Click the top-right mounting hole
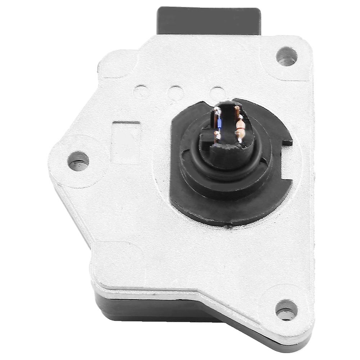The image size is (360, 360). [x=287, y=56]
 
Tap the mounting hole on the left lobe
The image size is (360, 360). [x=78, y=161]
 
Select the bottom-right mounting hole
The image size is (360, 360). [x=286, y=310]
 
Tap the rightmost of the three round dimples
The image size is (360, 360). [x=217, y=92]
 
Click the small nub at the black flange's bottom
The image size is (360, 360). [x=227, y=227]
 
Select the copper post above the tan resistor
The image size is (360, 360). [x=237, y=109]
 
